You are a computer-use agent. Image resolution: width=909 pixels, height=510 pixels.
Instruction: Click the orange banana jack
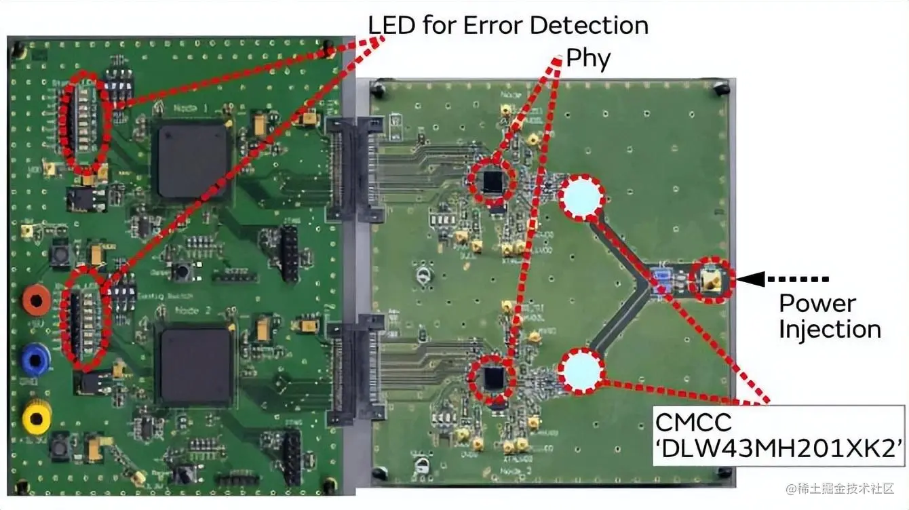point(35,300)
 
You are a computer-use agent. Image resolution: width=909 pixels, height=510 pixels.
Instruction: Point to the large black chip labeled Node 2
point(194,366)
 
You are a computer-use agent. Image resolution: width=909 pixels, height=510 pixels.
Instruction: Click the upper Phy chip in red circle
point(493,182)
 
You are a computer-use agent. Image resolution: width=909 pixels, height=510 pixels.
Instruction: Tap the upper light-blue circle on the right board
point(581,197)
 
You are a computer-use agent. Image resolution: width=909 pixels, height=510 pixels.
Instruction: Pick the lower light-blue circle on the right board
point(581,371)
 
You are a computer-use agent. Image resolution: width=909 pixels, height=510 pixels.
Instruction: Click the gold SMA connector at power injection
point(711,279)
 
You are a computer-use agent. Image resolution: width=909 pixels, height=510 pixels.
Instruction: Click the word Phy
point(588,59)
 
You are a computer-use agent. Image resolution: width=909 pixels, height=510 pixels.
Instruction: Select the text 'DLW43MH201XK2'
point(779,448)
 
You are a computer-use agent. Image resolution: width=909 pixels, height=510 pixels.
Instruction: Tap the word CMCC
point(693,423)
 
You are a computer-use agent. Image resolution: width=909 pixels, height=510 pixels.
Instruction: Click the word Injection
point(829,330)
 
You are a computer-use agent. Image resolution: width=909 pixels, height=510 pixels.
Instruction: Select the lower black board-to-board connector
point(353,370)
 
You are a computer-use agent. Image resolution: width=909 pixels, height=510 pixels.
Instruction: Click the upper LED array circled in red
point(85,122)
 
